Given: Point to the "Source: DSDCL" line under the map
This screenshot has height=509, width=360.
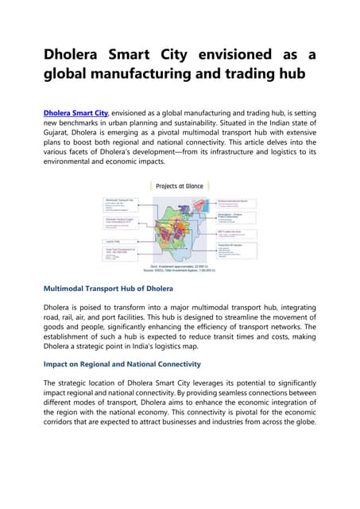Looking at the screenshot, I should tap(180, 271).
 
